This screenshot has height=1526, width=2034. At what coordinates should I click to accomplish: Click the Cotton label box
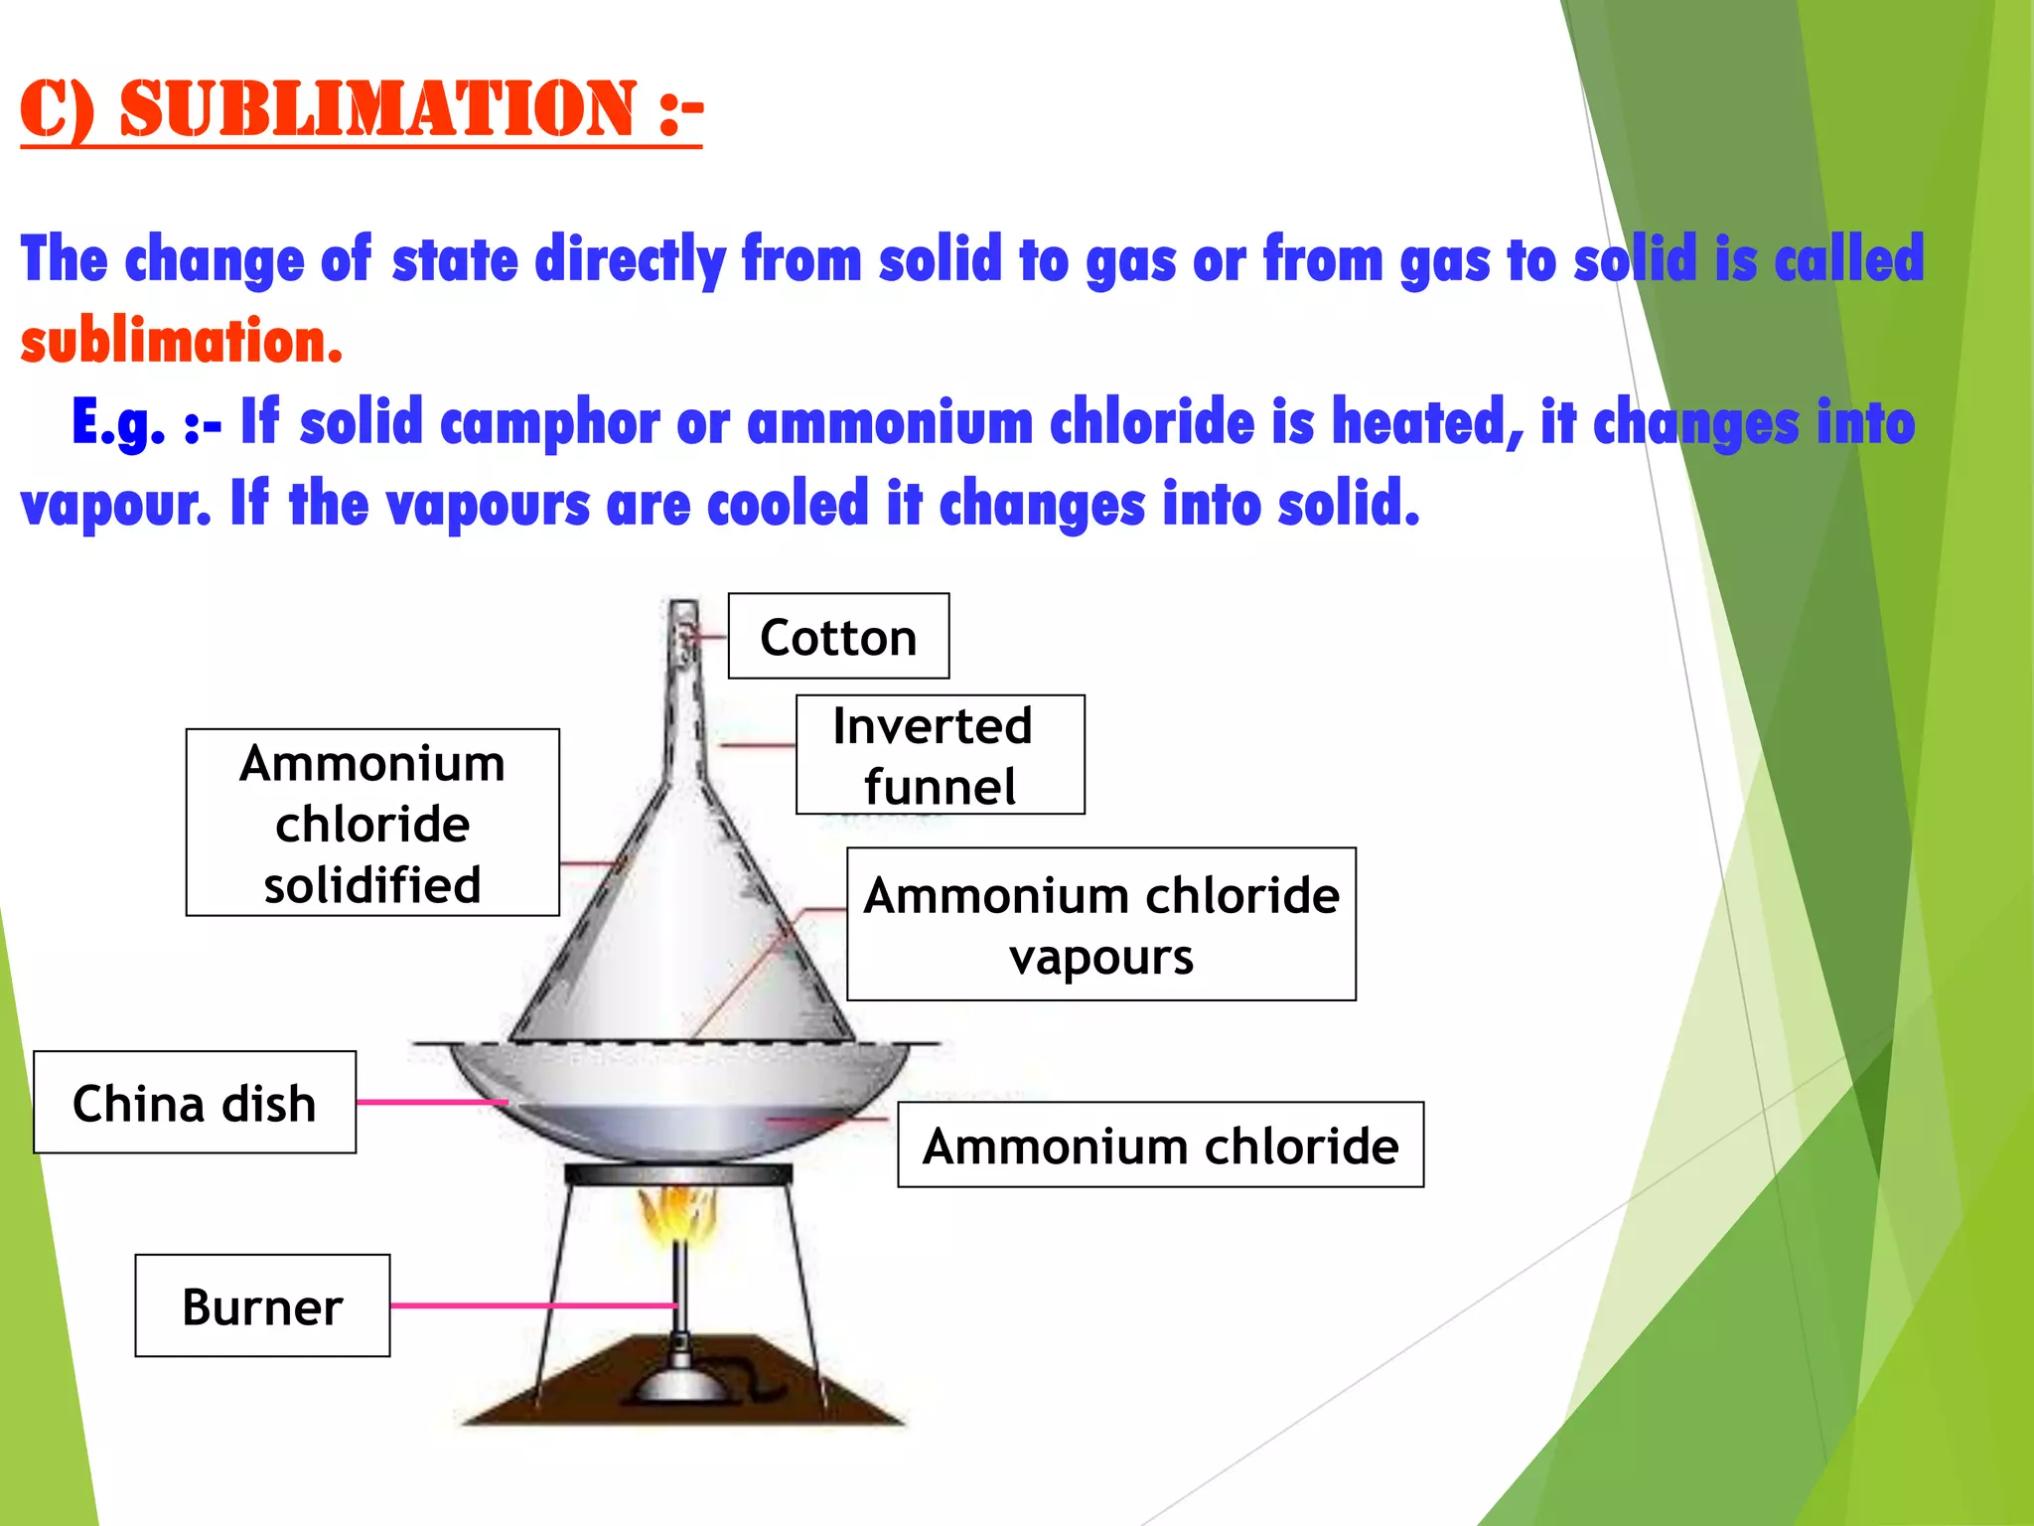tap(838, 637)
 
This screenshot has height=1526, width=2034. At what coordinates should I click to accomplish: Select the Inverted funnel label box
tap(940, 755)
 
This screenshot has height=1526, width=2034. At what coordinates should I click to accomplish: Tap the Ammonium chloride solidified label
tap(372, 823)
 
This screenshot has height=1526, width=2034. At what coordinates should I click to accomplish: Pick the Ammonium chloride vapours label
tap(1100, 924)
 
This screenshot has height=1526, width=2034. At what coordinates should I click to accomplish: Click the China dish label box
tap(195, 1103)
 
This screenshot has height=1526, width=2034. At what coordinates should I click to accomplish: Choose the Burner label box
tap(262, 1305)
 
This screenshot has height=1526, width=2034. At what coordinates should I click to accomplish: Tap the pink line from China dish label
tap(431, 1102)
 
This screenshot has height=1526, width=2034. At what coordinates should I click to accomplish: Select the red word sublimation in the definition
tap(181, 342)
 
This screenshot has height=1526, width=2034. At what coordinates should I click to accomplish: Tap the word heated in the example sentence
tap(1426, 423)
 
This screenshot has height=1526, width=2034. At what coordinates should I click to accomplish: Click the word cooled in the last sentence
tap(788, 505)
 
